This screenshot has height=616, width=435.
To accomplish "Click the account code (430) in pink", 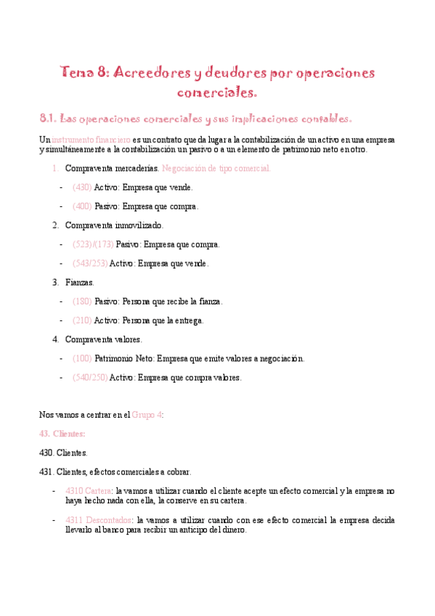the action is point(82,187).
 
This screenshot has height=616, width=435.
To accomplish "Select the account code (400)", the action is point(82,206).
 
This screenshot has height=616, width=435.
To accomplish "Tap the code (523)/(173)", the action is point(93,244).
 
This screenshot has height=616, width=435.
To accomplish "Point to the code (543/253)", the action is point(89,263).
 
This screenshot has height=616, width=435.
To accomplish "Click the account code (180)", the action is point(82,301).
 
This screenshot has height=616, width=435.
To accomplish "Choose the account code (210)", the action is point(82,320).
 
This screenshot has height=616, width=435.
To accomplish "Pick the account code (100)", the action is point(82,358).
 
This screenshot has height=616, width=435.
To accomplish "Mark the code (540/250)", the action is point(89,377).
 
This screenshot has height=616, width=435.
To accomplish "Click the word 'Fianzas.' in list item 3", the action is point(79,282).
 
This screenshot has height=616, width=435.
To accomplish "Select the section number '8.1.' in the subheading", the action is point(48,118).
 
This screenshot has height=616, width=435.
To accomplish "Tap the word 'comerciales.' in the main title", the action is point(217,92).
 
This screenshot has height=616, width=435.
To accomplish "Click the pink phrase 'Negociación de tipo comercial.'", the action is point(216,168).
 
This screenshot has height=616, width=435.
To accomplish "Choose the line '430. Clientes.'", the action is point(63,453).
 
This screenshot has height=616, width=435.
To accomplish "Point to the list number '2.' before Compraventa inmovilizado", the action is point(56,225).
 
